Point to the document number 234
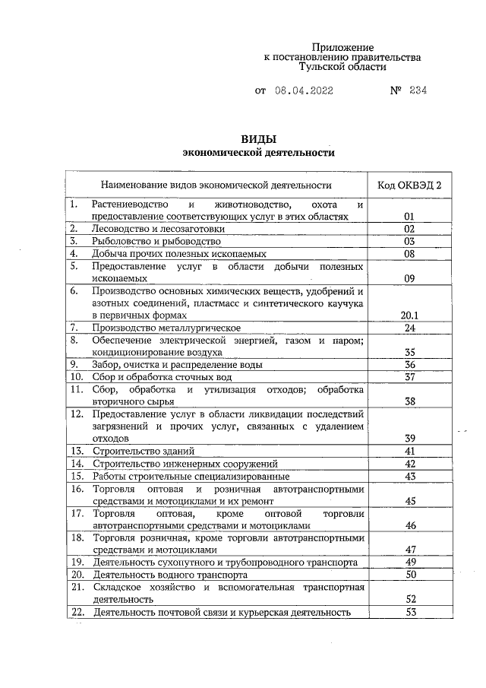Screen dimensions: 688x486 click(x=418, y=90)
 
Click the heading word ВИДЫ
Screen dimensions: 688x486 click(x=258, y=139)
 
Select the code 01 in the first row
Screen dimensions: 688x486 click(x=409, y=217)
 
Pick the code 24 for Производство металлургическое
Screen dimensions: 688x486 click(x=409, y=328)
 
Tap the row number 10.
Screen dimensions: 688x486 click(x=76, y=376)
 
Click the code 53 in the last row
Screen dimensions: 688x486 click(x=409, y=612)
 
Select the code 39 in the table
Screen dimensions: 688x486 click(x=409, y=439)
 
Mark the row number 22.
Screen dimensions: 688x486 click(x=76, y=612)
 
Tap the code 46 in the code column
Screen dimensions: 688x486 click(x=409, y=525)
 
